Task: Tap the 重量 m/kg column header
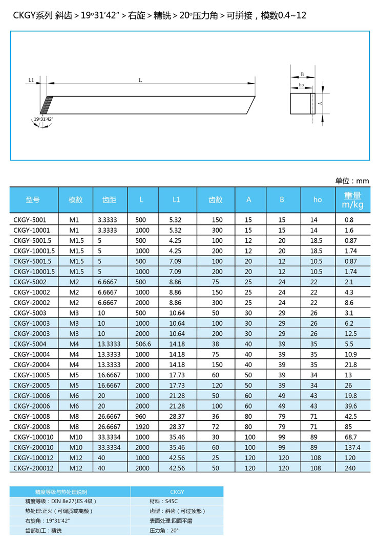click(x=353, y=200)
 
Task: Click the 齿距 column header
click(x=109, y=200)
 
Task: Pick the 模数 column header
click(x=76, y=200)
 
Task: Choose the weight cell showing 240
click(x=350, y=468)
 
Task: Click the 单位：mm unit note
click(x=352, y=181)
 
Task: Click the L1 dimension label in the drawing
click(x=31, y=80)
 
